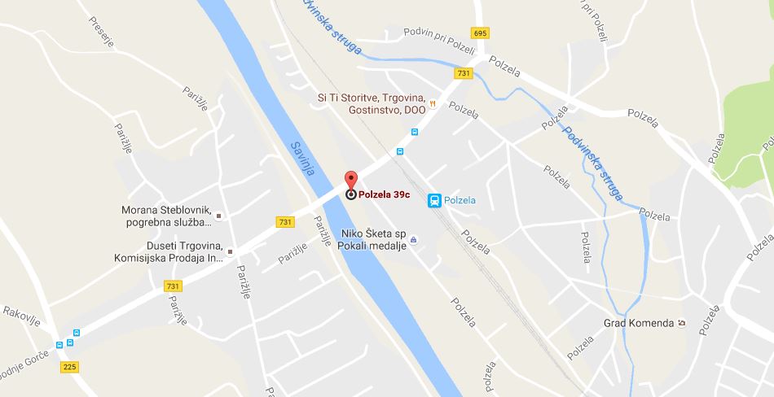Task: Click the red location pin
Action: point(351,180)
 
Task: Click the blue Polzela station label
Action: point(460,200)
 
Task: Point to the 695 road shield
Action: point(480,33)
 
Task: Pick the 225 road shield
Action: point(70,367)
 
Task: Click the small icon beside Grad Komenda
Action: point(682,323)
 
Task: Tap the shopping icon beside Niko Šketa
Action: point(413,239)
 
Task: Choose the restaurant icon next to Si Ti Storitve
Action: point(433,103)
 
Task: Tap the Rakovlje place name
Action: point(20,312)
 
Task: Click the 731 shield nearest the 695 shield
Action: point(464,73)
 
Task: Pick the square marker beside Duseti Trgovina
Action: point(231,252)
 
